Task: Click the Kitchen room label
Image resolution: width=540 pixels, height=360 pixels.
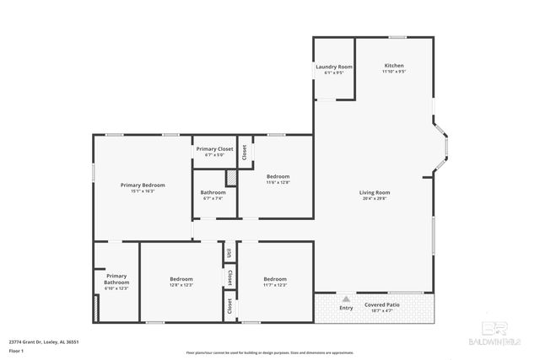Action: click(394, 66)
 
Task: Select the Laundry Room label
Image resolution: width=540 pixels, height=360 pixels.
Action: click(334, 67)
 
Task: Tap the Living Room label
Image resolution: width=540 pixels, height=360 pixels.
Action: click(375, 192)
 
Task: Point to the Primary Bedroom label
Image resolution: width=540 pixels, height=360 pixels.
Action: click(143, 185)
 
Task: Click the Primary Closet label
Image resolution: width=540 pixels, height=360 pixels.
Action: click(214, 148)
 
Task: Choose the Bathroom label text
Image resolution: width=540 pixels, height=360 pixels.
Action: click(213, 192)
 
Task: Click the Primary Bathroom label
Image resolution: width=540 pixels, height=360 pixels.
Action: click(116, 279)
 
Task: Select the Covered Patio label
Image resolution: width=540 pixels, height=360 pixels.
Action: click(382, 304)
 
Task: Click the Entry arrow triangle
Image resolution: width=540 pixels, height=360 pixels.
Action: click(347, 298)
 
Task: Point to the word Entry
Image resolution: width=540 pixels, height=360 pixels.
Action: click(347, 308)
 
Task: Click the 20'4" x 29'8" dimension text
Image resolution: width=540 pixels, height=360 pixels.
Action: click(375, 199)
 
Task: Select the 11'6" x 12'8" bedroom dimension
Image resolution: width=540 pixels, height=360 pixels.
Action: click(278, 182)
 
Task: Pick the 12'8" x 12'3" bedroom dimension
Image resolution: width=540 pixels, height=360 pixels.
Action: click(181, 285)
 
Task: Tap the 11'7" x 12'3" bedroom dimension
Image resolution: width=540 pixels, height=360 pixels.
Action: click(275, 285)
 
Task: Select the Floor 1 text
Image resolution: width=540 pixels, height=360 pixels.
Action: click(16, 349)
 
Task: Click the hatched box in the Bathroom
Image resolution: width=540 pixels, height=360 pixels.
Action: click(229, 178)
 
